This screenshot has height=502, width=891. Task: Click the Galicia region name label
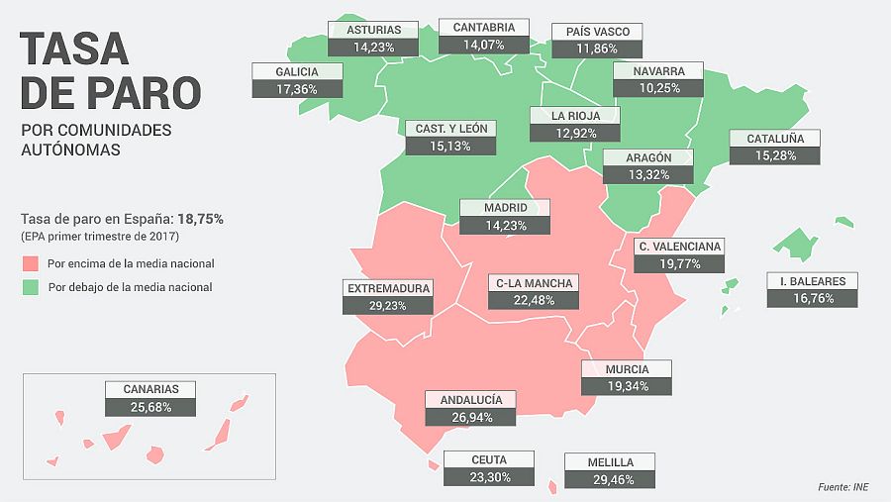pos(298,72)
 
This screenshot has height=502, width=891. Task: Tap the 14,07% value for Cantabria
pos(484,45)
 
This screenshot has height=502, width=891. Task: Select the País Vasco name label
pos(604,32)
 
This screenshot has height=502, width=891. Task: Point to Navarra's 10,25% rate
pos(657,88)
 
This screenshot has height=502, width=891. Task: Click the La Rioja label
pos(575,115)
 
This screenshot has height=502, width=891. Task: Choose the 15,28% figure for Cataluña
pos(774,156)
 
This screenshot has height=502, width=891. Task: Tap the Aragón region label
pos(648,157)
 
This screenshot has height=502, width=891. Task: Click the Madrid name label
pos(505,208)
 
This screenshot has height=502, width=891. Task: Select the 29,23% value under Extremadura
pos(388,306)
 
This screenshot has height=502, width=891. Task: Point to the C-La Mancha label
pos(534,284)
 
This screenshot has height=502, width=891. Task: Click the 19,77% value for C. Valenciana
pos(678,263)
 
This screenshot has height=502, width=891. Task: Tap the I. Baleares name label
pos(812,281)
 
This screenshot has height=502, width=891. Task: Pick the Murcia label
pos(627,369)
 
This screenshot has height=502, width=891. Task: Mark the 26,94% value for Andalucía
pos(470,417)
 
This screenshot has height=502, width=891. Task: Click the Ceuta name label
pos(489,459)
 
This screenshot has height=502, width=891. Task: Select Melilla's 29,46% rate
pos(610,479)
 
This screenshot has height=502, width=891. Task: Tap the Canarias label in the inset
pos(151,389)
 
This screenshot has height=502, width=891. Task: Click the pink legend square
pos(30,264)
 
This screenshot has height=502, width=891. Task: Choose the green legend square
pos(30,287)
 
